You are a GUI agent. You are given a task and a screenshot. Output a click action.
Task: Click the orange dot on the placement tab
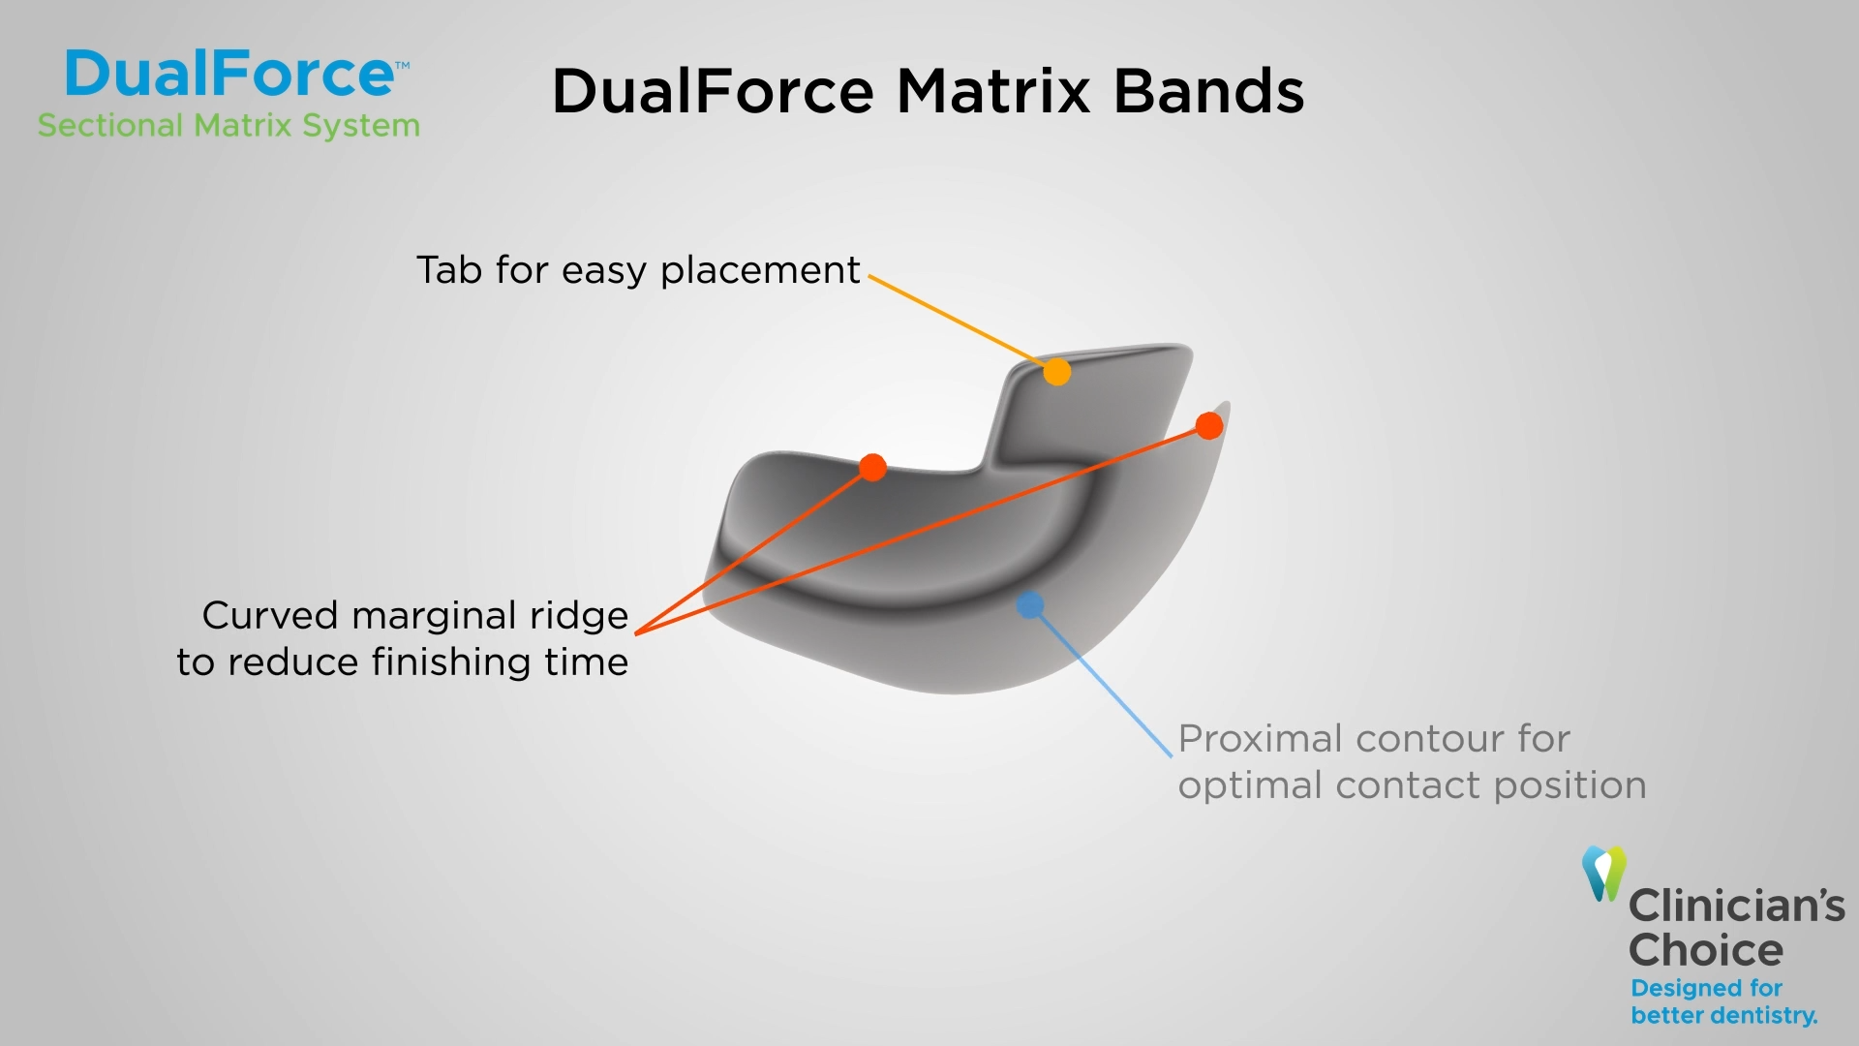coord(1057,372)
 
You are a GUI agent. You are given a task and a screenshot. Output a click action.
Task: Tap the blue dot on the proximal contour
coord(1030,605)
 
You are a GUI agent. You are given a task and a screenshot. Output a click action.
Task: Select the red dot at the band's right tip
coord(1209,425)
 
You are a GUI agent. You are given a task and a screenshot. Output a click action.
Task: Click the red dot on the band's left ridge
coord(872,468)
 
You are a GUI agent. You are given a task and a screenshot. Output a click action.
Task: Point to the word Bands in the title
coord(1208,92)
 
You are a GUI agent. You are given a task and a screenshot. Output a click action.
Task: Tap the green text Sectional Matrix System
coord(229,126)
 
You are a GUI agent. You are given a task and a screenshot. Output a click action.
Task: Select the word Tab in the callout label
coord(449,269)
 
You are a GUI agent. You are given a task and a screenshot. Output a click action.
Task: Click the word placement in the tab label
coord(760,270)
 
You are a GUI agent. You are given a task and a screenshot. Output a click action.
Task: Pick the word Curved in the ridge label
coord(270,615)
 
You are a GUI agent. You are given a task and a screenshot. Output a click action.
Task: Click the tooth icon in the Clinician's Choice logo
coord(1604,873)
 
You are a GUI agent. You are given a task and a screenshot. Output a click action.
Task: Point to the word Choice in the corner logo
coord(1706,950)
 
